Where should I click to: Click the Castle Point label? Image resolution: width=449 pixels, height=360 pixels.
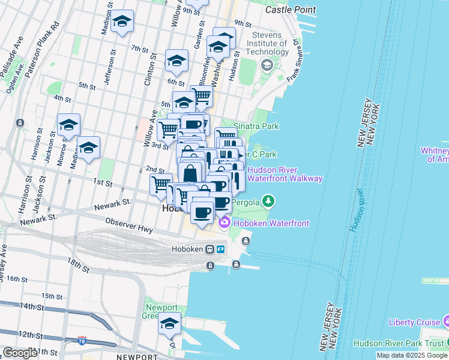(286, 10)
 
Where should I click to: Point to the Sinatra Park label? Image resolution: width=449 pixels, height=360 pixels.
(256, 127)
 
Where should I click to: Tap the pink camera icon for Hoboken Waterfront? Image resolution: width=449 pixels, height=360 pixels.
(225, 223)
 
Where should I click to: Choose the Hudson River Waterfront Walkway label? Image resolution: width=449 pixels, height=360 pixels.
(285, 174)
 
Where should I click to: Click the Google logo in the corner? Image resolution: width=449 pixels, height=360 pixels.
(20, 353)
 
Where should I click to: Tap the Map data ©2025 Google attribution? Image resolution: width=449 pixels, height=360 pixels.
(412, 355)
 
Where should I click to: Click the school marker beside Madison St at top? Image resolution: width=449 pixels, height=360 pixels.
(122, 22)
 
